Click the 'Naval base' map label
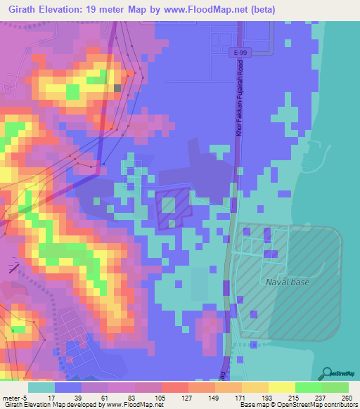tap(288, 283)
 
